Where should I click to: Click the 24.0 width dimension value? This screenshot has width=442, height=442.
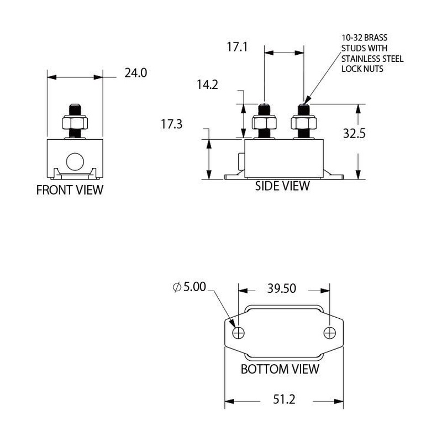tap(136, 72)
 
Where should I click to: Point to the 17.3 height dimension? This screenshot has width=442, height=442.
tap(172, 124)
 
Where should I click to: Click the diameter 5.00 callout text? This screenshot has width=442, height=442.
tap(190, 287)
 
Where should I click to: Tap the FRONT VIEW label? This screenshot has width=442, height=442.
tap(70, 191)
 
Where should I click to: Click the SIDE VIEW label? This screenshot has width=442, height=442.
tap(282, 186)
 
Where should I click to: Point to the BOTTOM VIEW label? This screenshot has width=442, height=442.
tap(280, 369)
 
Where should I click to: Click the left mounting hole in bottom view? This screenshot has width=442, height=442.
tap(239, 333)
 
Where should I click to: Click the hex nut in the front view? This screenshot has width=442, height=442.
tap(75, 122)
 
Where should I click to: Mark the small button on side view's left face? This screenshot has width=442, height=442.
tap(241, 161)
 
